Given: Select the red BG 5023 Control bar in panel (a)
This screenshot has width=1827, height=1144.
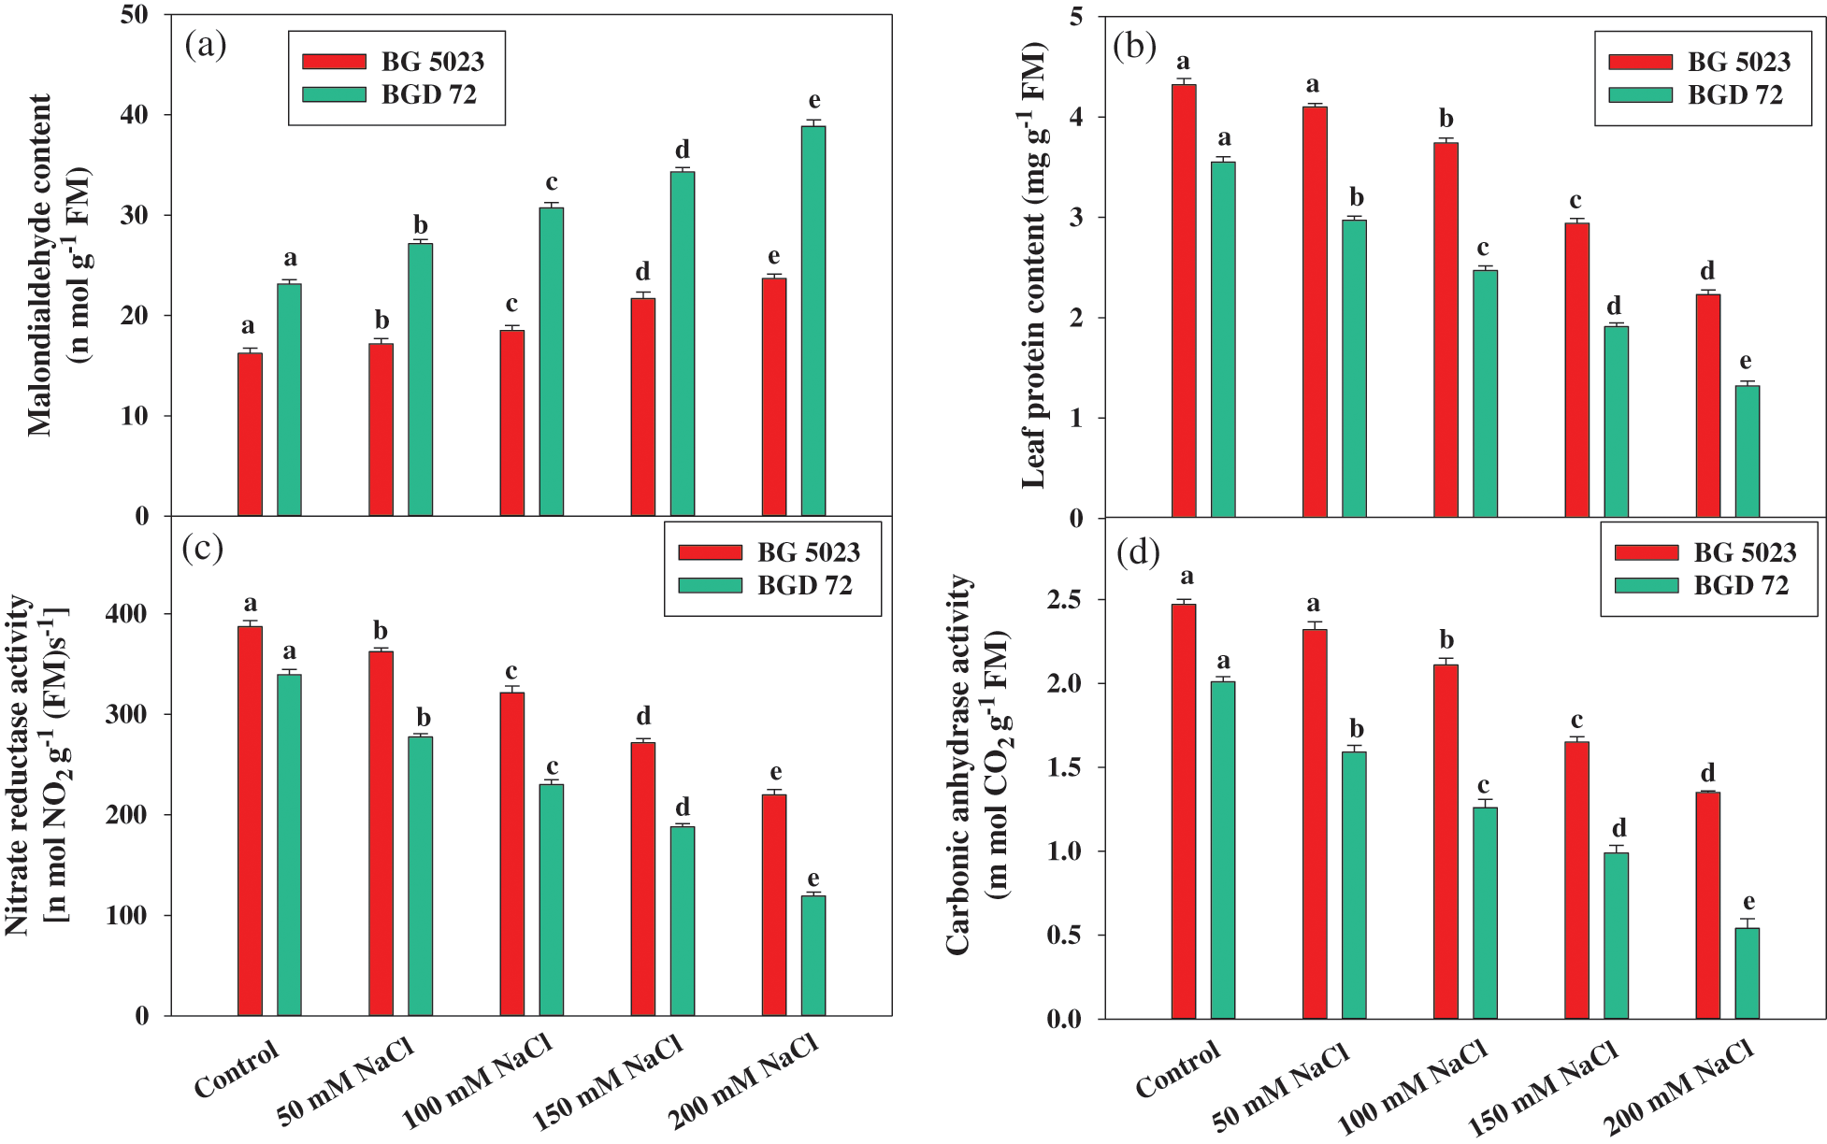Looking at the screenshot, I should tap(250, 435).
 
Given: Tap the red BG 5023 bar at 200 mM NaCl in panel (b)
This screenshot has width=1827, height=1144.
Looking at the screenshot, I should tap(1708, 406).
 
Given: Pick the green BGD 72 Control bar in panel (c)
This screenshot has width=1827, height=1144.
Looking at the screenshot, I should tap(289, 845).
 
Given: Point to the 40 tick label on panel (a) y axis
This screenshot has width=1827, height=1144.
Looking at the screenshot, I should tap(135, 115).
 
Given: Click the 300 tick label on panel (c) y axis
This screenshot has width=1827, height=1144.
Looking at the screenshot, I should tap(129, 715).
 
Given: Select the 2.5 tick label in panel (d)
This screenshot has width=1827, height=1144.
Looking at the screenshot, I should tap(1065, 599).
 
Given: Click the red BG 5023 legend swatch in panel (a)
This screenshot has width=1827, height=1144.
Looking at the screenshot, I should tap(334, 62).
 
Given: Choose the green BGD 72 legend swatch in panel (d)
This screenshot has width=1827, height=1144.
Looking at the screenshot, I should tap(1647, 585).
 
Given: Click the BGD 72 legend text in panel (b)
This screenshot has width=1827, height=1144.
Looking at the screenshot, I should tap(1734, 95).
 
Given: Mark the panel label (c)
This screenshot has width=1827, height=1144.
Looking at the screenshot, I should tap(203, 548).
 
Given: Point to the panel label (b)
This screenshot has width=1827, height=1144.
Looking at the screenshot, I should tap(1135, 44).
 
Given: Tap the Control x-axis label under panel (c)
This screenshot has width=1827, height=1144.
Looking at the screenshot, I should tap(237, 1069).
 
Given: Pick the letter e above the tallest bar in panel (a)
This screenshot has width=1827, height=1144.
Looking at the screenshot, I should tap(814, 100).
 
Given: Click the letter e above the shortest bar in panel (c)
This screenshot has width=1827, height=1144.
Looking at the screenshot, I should tap(813, 879).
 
